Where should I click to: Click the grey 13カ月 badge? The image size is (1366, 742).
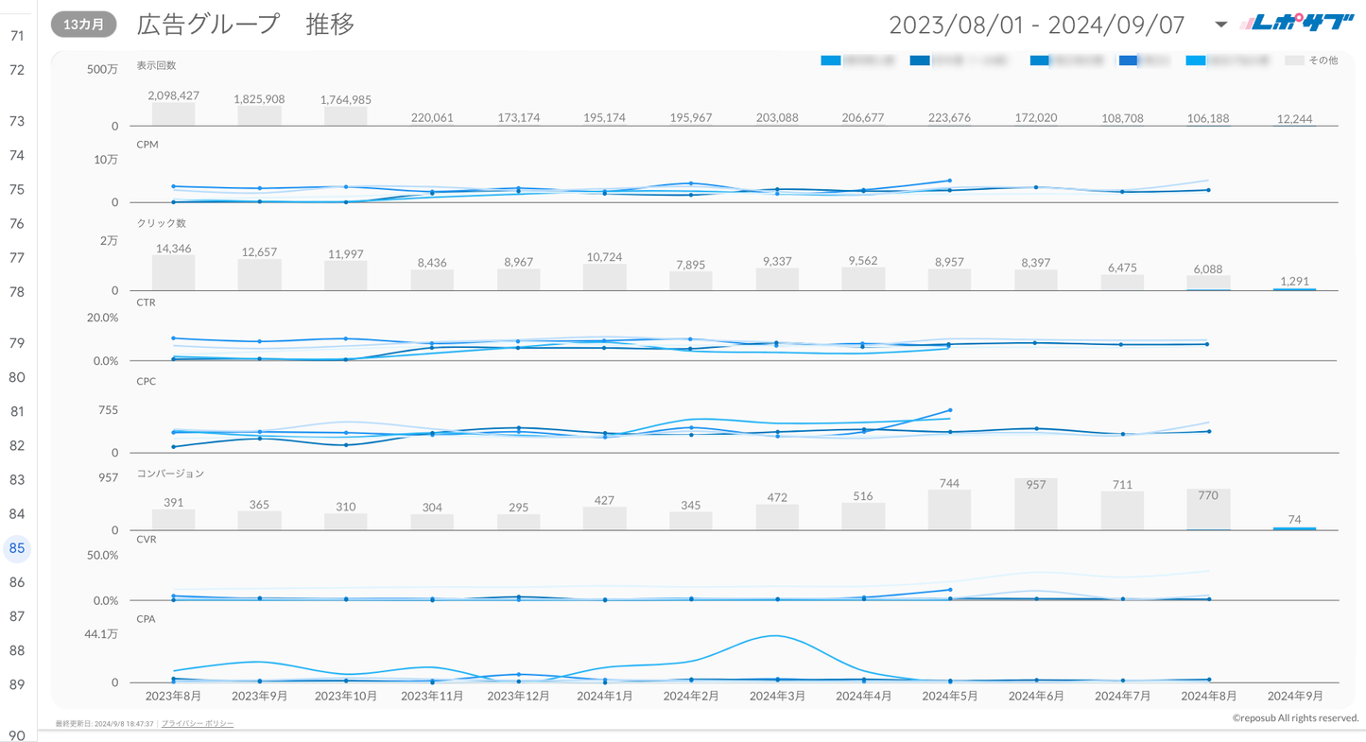tap(84, 25)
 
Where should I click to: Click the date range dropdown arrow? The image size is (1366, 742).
tap(1220, 25)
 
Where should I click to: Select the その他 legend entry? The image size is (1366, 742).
tap(1312, 60)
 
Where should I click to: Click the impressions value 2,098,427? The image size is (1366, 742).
tap(174, 95)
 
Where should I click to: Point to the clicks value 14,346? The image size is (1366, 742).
tap(174, 249)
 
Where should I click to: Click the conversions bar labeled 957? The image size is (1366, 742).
tap(1036, 504)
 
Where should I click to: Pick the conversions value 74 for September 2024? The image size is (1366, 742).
tap(1294, 519)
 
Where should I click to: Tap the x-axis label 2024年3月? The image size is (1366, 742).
tap(777, 696)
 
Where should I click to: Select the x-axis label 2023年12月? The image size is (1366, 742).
tap(518, 696)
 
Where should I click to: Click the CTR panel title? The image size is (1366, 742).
tap(146, 302)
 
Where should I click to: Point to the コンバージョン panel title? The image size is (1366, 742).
tap(170, 473)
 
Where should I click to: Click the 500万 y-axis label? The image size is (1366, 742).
tap(102, 69)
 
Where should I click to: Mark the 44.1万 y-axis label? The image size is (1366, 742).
tap(101, 634)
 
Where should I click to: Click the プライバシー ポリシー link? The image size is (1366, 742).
tap(198, 724)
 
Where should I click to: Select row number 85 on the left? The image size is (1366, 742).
tap(17, 548)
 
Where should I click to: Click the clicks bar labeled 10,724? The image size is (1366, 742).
tap(605, 277)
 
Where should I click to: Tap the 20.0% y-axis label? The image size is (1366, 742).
tap(102, 318)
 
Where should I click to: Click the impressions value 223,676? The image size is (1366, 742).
tap(949, 118)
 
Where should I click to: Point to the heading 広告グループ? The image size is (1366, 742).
tap(208, 25)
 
